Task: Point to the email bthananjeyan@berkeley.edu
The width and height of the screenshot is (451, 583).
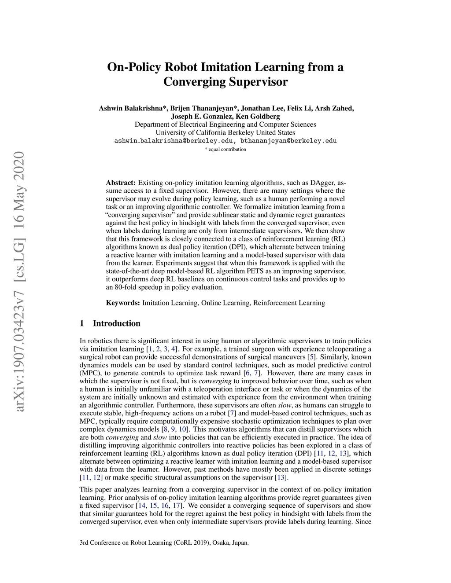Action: point(288,141)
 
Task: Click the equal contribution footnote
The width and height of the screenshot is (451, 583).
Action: point(225,149)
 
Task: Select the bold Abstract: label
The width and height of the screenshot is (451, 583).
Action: point(121,183)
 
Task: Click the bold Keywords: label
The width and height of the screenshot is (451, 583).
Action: point(123,303)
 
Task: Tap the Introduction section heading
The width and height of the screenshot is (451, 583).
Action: point(116,323)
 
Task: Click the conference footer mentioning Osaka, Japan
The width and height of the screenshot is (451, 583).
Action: point(164,543)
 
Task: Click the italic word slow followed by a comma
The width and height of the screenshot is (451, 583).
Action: point(285,405)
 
